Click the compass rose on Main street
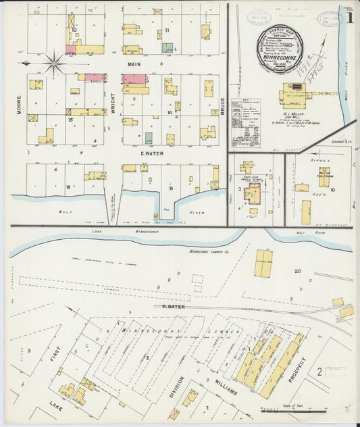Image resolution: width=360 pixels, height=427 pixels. (x=54, y=64)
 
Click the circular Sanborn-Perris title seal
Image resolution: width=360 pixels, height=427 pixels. (x=279, y=49)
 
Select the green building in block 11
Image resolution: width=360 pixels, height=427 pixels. (x=167, y=49)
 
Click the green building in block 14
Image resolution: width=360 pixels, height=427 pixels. (x=149, y=138)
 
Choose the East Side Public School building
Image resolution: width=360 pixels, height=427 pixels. (x=253, y=194)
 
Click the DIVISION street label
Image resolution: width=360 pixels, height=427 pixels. (x=176, y=385)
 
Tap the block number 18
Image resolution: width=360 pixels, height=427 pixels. (x=68, y=186)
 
